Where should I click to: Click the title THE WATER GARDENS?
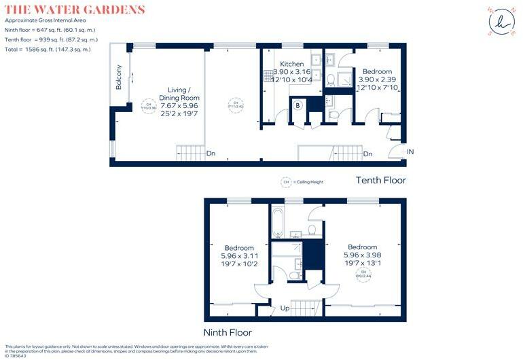75,10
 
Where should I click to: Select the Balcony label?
120,77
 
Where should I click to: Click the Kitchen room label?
291,64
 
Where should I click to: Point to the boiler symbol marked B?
297,105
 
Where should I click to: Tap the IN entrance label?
410,151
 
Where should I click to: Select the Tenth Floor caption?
381,180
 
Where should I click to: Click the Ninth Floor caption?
228,332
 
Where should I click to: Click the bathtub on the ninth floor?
279,221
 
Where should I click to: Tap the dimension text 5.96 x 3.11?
239,256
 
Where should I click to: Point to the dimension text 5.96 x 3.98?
362,255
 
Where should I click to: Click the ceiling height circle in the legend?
286,181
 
